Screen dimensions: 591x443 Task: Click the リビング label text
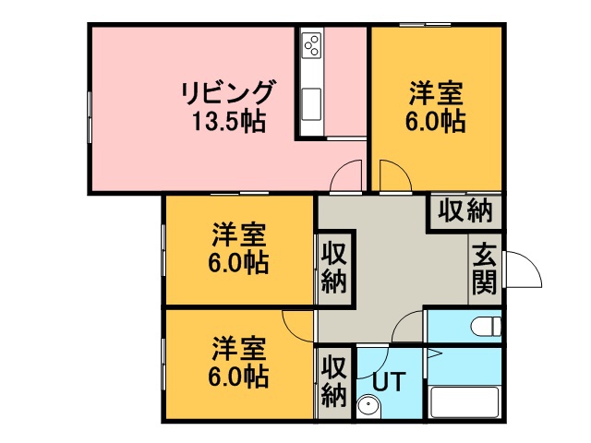tap(226, 92)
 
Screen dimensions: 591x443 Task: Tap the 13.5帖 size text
tap(228, 121)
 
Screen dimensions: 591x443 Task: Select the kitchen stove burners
tap(312, 45)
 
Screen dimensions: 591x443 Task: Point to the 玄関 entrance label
tap(484, 269)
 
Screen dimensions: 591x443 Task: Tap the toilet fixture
tap(487, 326)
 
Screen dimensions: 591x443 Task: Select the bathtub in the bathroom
tap(464, 401)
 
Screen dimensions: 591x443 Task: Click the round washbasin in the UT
tap(368, 407)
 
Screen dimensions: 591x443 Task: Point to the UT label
tap(390, 381)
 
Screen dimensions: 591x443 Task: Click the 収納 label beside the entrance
tap(465, 210)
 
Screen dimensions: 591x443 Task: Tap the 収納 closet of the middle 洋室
tap(334, 269)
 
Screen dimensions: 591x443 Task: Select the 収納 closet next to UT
tap(334, 381)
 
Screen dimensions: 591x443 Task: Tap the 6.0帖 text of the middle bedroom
tap(238, 262)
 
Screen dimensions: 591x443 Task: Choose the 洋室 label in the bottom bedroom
tap(239, 349)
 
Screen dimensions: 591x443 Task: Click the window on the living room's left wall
tap(90, 117)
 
